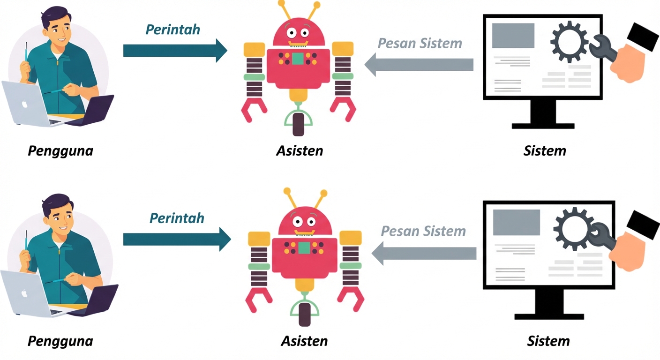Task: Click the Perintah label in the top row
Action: click(x=172, y=30)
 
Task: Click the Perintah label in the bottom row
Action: click(x=177, y=218)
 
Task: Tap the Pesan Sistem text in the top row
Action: click(x=420, y=43)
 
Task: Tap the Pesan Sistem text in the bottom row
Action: click(x=423, y=231)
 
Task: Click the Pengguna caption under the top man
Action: click(x=60, y=151)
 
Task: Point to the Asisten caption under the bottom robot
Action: click(x=304, y=340)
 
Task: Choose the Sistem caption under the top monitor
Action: click(x=545, y=151)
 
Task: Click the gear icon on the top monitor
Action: click(x=569, y=43)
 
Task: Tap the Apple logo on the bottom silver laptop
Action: click(x=24, y=293)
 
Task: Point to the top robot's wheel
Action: click(x=299, y=124)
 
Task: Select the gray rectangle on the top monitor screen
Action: click(x=513, y=36)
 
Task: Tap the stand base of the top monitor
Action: click(x=543, y=126)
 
